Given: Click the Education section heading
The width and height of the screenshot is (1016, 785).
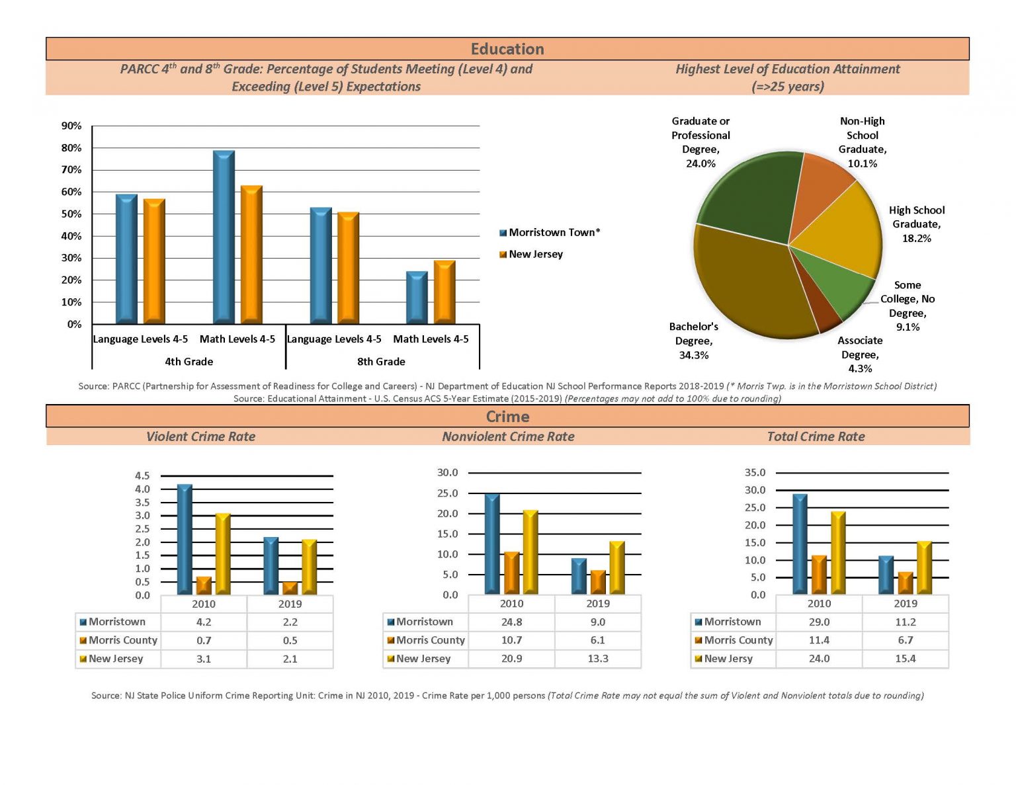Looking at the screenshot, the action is [x=507, y=49].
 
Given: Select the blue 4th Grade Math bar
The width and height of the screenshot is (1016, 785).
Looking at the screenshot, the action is [x=224, y=237].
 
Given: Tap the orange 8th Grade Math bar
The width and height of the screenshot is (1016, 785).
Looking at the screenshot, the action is [x=444, y=292].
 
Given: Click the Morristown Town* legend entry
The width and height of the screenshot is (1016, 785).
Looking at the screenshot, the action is [x=550, y=232].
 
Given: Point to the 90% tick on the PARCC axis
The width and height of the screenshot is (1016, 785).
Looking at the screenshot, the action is [x=71, y=126].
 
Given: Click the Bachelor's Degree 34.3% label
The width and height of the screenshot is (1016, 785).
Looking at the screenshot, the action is [x=694, y=341].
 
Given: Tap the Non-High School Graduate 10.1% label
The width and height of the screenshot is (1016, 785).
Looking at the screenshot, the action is [x=862, y=142].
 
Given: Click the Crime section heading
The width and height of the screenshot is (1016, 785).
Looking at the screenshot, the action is [x=507, y=417].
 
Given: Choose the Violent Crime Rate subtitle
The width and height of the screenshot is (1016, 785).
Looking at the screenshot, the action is [x=200, y=436].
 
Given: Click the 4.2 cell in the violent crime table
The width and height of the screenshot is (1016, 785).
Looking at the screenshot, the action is [x=203, y=622].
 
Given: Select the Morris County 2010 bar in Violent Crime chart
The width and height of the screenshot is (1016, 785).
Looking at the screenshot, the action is [x=203, y=585].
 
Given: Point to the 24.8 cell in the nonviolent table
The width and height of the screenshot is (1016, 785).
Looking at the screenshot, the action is [x=511, y=622].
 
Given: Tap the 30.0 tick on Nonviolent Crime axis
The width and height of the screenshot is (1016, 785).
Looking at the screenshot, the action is [x=447, y=472].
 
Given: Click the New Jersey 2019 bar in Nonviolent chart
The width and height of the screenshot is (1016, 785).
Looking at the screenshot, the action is [x=617, y=567].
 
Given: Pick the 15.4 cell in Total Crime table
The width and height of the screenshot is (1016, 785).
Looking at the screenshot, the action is [x=905, y=659].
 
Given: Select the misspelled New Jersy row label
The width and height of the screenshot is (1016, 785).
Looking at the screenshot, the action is [x=728, y=659].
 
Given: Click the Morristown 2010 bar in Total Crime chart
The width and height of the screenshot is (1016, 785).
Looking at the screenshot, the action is [x=800, y=544].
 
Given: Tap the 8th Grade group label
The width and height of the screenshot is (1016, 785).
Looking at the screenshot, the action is [x=381, y=361].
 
